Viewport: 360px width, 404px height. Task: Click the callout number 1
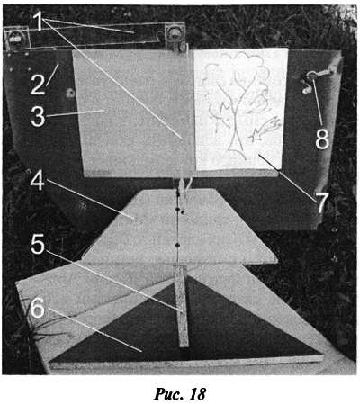pos(39,22)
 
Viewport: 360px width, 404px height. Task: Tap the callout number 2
pos(38,85)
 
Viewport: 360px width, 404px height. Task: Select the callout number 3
pos(38,117)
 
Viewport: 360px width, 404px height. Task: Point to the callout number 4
pos(38,181)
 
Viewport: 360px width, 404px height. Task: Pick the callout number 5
pos(38,244)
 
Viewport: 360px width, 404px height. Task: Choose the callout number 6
pos(38,308)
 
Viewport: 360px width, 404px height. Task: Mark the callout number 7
pos(322,203)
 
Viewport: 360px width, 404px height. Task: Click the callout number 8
pos(322,139)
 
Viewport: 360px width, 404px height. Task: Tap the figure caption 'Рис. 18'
pos(179,394)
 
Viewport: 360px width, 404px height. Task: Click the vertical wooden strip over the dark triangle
pos(182,306)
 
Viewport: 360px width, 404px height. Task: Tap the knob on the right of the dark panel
pos(311,76)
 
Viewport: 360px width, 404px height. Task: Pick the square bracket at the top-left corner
pos(17,38)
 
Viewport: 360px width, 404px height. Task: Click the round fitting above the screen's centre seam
pos(174,32)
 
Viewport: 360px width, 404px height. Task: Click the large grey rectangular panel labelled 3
pos(134,113)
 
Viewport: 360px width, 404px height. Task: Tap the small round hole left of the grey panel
pos(70,94)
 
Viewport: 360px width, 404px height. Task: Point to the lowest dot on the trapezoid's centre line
pos(177,246)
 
